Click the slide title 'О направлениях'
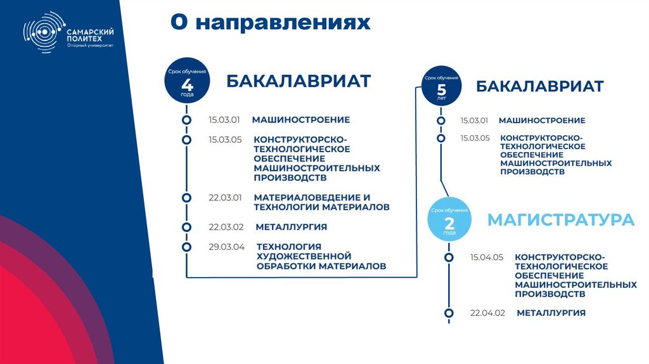(269, 22)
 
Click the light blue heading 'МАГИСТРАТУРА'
(560, 220)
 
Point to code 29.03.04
(226, 247)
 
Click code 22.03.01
(226, 197)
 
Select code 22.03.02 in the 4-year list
(226, 226)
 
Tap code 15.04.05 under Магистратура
(487, 257)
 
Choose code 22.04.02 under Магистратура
(487, 313)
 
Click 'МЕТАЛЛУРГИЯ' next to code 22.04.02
(551, 313)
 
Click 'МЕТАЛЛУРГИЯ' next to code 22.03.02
(291, 226)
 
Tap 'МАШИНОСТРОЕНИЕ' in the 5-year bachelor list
(542, 120)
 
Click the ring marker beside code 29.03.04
(186, 247)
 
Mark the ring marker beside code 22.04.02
(449, 313)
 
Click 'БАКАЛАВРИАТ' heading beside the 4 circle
(299, 82)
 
